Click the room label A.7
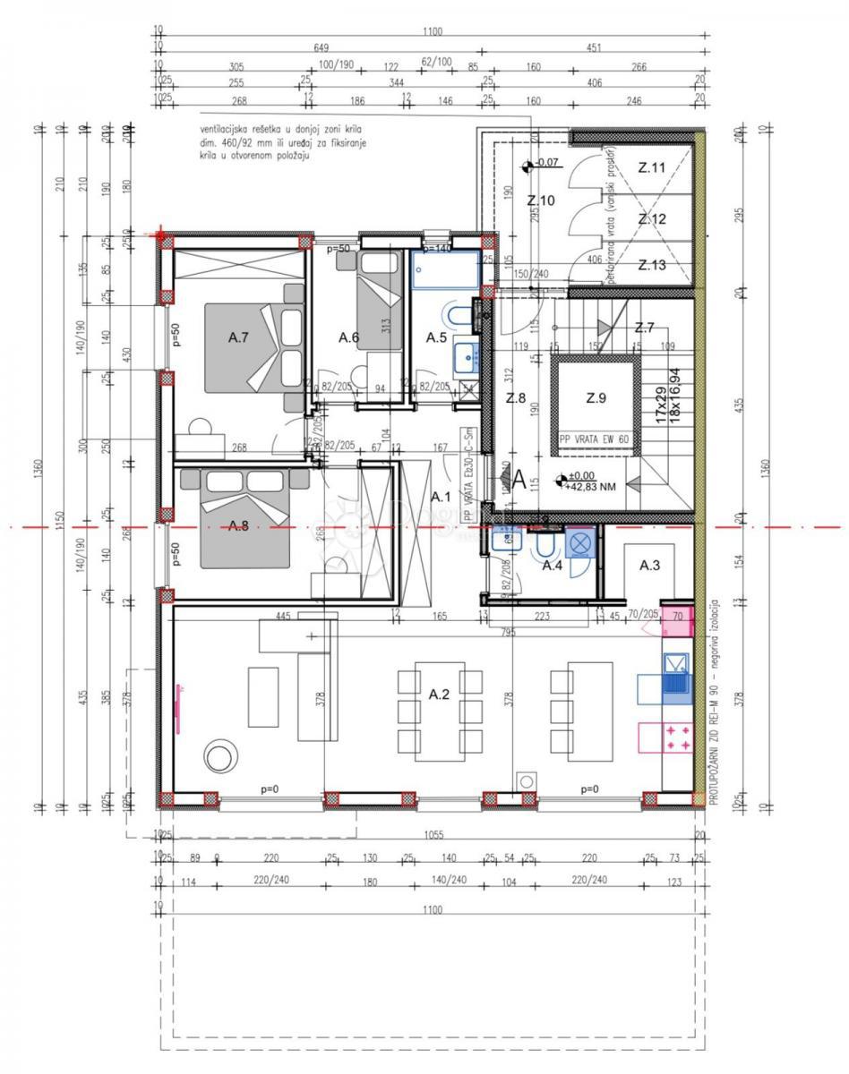[237, 337]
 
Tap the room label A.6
[348, 337]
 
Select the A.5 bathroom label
[436, 337]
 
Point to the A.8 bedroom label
[238, 525]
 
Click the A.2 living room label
[439, 694]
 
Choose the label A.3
[650, 566]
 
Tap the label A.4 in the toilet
[553, 566]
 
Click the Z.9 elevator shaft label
[596, 398]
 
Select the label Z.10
[541, 200]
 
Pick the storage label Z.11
[651, 167]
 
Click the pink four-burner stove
[677, 737]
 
